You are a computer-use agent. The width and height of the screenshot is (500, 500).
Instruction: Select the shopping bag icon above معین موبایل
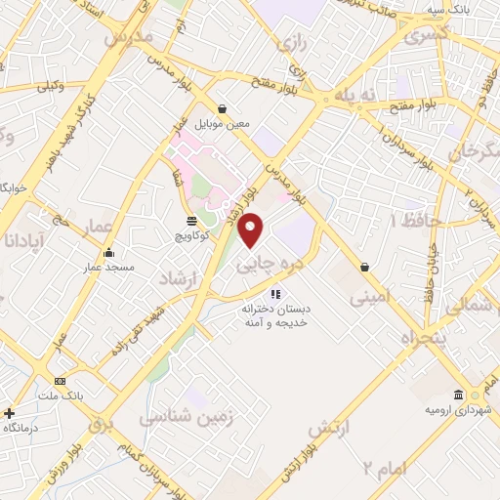[x=223, y=108]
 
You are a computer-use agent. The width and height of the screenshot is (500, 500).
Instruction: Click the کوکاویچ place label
[x=192, y=236]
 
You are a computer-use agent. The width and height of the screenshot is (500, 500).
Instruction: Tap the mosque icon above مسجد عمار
[x=108, y=251]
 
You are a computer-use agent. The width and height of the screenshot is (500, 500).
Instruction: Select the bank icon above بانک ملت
[x=61, y=381]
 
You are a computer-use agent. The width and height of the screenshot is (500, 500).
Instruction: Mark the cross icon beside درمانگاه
[x=10, y=413]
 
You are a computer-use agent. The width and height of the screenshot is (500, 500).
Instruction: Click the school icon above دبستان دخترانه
[x=276, y=292]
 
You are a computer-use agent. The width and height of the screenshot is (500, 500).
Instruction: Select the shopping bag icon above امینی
[x=364, y=266]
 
